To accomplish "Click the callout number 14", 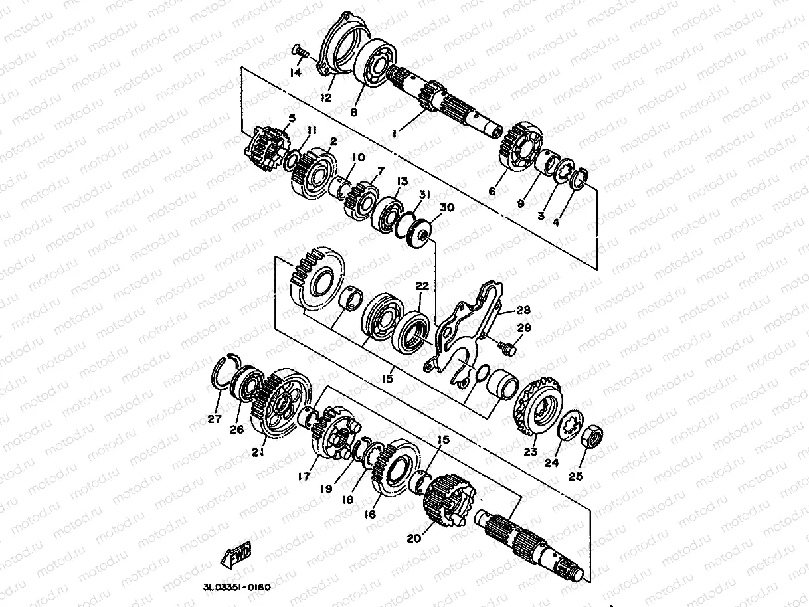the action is (x=296, y=72).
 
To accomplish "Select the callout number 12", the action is (x=326, y=98).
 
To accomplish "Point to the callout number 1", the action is (x=395, y=134).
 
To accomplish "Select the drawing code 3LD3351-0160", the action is (x=236, y=587).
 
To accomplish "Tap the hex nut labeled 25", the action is (x=591, y=436).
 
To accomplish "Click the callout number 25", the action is (x=575, y=477).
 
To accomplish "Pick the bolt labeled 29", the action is (x=507, y=347).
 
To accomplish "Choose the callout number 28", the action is (x=523, y=310).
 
